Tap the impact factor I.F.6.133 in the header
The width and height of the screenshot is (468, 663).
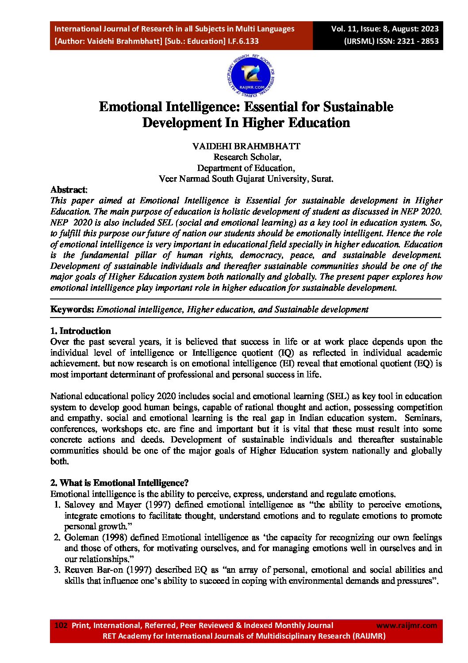(x=243, y=41)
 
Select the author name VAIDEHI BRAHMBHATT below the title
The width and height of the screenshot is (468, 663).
(x=246, y=146)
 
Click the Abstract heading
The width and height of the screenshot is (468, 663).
(x=68, y=190)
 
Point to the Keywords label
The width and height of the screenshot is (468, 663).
(x=72, y=310)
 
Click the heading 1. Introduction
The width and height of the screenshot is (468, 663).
(x=81, y=331)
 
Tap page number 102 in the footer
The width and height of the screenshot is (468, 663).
(x=61, y=625)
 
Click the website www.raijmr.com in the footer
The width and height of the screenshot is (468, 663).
(x=406, y=625)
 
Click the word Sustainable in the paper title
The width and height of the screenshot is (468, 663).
(x=358, y=107)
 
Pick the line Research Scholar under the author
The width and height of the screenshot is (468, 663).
(x=246, y=157)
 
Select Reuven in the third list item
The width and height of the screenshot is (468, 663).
(x=78, y=570)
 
